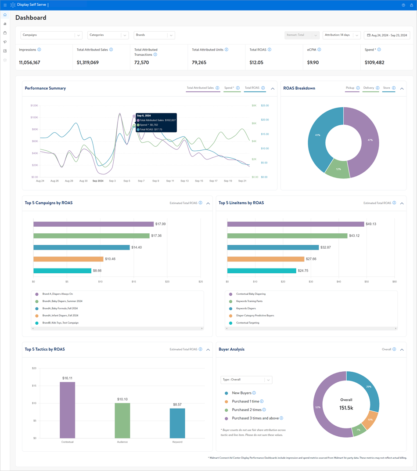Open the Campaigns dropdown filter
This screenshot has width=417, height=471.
click(x=51, y=35)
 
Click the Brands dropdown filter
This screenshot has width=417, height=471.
click(x=154, y=35)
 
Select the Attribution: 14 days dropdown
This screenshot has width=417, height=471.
click(x=341, y=35)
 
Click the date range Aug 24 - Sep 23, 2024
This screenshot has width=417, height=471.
click(x=387, y=35)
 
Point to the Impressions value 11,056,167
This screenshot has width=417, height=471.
click(x=29, y=62)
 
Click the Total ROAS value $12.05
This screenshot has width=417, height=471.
click(x=256, y=62)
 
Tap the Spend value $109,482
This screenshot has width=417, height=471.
click(x=374, y=62)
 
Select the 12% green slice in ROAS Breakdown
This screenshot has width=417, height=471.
click(x=338, y=170)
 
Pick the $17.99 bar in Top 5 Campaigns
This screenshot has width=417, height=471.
click(x=93, y=224)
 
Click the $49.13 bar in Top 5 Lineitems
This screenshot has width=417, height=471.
click(x=295, y=224)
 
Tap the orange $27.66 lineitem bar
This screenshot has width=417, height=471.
click(x=266, y=259)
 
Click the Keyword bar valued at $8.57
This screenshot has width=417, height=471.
click(x=177, y=423)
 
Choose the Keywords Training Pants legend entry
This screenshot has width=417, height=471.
click(x=250, y=301)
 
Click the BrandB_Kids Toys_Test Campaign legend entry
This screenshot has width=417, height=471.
click(x=60, y=323)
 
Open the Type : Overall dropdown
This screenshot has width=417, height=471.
click(x=246, y=380)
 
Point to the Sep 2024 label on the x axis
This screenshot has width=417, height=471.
click(x=98, y=181)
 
